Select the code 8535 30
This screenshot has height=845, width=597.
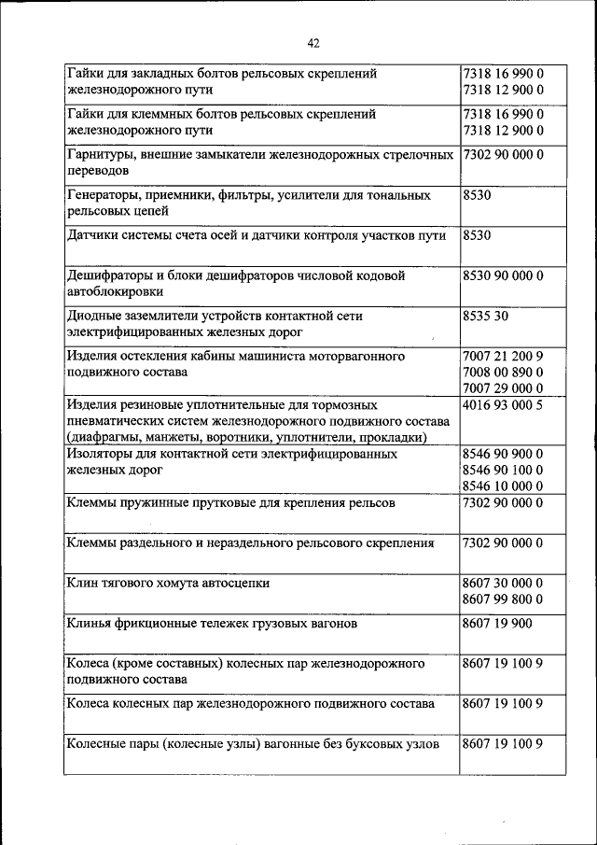pyautogui.click(x=485, y=317)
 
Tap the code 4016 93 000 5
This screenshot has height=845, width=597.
pyautogui.click(x=503, y=406)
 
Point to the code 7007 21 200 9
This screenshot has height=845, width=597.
pyautogui.click(x=503, y=357)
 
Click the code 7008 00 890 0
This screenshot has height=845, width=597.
pyautogui.click(x=503, y=373)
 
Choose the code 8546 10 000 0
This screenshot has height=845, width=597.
pyautogui.click(x=503, y=486)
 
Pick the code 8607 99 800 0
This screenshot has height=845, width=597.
pyautogui.click(x=503, y=599)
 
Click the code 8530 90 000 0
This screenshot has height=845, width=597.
pyautogui.click(x=503, y=276)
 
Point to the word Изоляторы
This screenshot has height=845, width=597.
pyautogui.click(x=102, y=455)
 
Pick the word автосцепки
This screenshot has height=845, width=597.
pyautogui.click(x=236, y=583)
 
